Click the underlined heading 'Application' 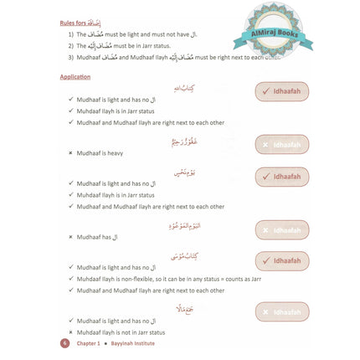tap(75, 77)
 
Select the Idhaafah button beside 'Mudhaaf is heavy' tap(282, 144)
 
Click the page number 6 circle tap(64, 343)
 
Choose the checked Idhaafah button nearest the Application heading tap(282, 92)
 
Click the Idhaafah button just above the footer tap(282, 312)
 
